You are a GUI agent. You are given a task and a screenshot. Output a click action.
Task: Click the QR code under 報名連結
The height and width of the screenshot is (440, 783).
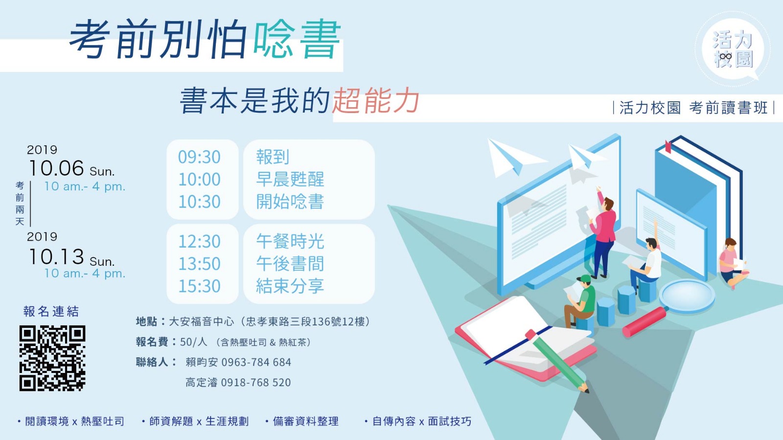(x=52, y=358)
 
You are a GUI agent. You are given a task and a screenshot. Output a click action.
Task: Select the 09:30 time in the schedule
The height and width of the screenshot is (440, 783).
(x=199, y=157)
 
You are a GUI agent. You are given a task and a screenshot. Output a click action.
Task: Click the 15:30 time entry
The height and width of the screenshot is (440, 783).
(x=199, y=286)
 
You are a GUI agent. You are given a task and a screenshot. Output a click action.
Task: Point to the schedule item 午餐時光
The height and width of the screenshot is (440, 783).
(x=290, y=241)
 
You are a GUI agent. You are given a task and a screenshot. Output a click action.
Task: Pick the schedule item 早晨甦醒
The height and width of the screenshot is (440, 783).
(x=290, y=179)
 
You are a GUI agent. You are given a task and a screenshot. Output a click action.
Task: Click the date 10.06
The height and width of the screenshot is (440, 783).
(x=56, y=168)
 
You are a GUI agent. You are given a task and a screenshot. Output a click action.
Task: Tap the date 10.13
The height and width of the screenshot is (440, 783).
(x=56, y=257)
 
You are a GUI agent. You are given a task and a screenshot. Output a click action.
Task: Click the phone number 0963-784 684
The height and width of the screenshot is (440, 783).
(x=256, y=362)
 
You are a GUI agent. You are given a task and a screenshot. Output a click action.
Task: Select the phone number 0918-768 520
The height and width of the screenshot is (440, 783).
(x=256, y=383)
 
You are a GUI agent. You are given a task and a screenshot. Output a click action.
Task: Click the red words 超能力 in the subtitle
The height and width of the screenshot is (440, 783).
(x=375, y=101)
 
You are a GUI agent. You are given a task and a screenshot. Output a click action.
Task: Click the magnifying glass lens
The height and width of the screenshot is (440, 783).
(x=687, y=296)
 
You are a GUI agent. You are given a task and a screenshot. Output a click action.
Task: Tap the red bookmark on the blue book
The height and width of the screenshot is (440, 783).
(x=668, y=147)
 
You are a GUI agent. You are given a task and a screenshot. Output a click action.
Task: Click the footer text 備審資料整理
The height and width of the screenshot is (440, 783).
(x=305, y=421)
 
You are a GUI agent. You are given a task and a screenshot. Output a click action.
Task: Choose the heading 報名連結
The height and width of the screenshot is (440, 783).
(x=51, y=311)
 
